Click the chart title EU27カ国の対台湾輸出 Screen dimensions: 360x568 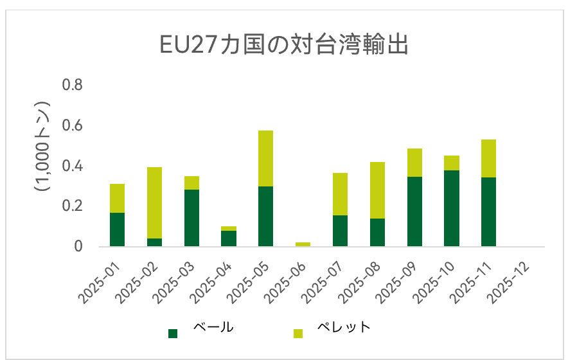283,46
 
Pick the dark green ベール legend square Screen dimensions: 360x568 172,333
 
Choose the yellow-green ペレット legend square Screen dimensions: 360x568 298,333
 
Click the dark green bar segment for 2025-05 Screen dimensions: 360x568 265,216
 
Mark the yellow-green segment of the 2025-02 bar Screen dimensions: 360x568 154,203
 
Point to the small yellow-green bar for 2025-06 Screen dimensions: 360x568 303,244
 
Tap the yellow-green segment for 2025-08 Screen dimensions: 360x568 377,190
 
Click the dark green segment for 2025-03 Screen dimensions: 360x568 191,218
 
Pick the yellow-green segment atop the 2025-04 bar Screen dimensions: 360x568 229,228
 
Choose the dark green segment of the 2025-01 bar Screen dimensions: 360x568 117,230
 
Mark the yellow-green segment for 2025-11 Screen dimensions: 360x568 488,158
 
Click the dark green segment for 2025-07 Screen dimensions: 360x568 340,231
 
